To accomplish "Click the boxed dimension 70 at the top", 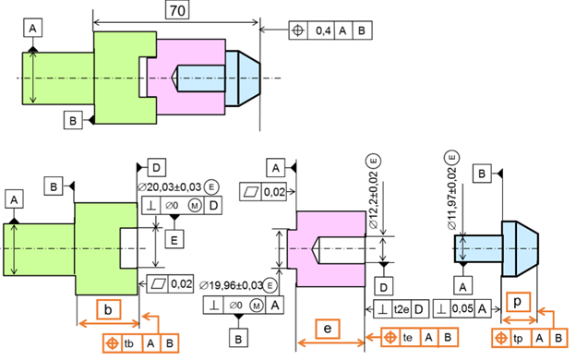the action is (x=177, y=10).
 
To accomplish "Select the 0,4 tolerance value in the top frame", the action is (x=323, y=30).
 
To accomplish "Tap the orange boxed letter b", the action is (x=108, y=309).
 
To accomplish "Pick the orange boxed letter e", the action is (x=328, y=329).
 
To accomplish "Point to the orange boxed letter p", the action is (x=518, y=302).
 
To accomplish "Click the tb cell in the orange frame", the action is (x=129, y=343).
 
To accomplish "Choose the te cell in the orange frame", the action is (x=408, y=337).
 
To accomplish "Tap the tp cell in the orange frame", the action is (x=518, y=338).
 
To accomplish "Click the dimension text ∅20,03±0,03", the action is (x=169, y=187).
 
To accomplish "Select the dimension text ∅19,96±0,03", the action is (x=231, y=285).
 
